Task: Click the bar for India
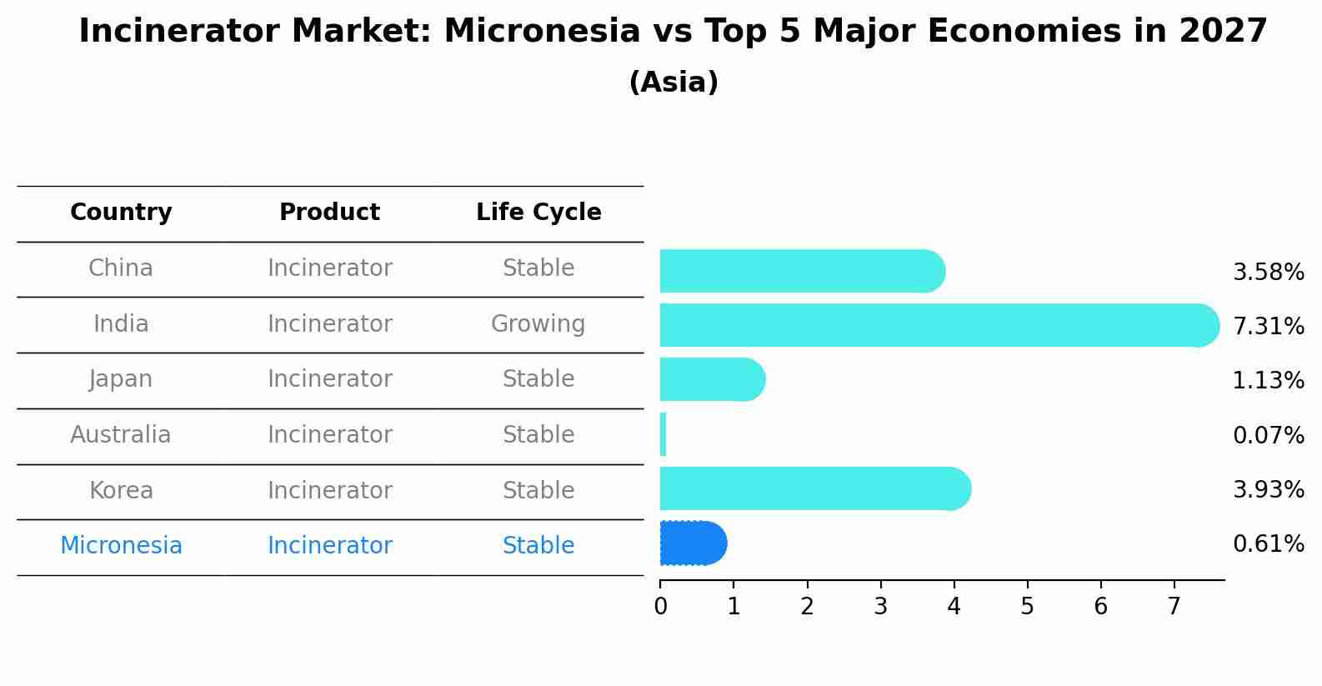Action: [x=939, y=325]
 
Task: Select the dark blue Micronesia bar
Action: [x=694, y=543]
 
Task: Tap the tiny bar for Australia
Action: [x=663, y=434]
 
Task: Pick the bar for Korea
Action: [x=816, y=488]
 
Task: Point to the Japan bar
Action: [x=713, y=379]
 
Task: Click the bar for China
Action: [x=803, y=271]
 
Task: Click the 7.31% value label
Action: [x=1269, y=326]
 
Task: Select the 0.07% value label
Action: [x=1269, y=435]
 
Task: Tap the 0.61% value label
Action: [x=1269, y=543]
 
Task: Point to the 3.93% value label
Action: [x=1269, y=489]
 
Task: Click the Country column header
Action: [x=121, y=212]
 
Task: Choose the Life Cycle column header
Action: [x=538, y=212]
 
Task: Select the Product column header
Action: [x=329, y=212]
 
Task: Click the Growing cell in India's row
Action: [x=538, y=324]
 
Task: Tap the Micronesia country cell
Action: [x=121, y=545]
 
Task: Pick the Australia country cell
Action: [x=120, y=434]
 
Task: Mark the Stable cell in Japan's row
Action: [x=538, y=379]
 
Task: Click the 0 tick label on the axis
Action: [x=660, y=606]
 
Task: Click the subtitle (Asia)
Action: [x=674, y=82]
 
